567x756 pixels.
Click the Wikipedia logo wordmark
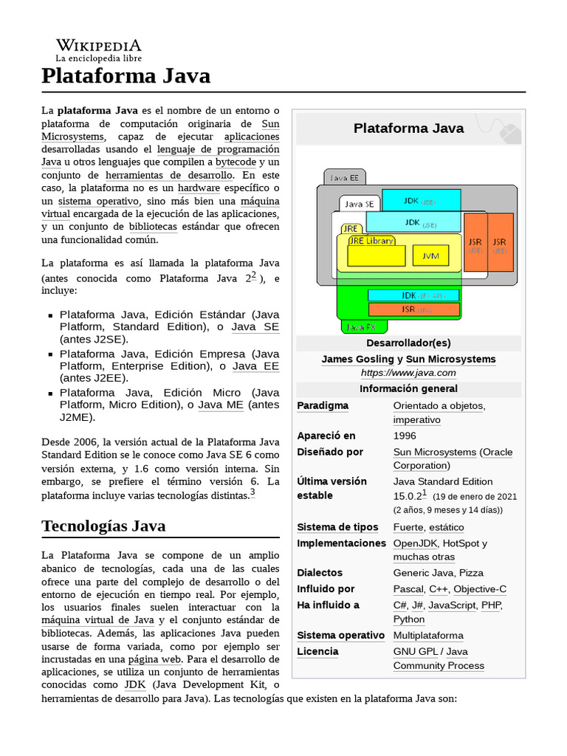pos(99,45)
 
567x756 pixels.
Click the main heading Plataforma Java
pos(126,75)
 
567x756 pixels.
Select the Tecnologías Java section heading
pos(103,526)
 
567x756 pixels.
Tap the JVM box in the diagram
pos(430,256)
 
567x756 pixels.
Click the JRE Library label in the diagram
pos(371,241)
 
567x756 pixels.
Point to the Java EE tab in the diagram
pos(344,177)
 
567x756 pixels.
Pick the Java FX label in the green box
pos(361,326)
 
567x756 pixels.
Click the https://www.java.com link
pos(408,373)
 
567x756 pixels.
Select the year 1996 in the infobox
pos(405,436)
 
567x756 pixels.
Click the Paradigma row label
pos(323,405)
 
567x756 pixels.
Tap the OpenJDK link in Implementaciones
pos(416,543)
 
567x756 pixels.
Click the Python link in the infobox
pos(409,619)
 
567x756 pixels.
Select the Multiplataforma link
pos(428,636)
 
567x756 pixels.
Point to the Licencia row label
pos(317,651)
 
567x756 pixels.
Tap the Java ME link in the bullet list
pos(221,405)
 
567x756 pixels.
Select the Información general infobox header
pos(408,388)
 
